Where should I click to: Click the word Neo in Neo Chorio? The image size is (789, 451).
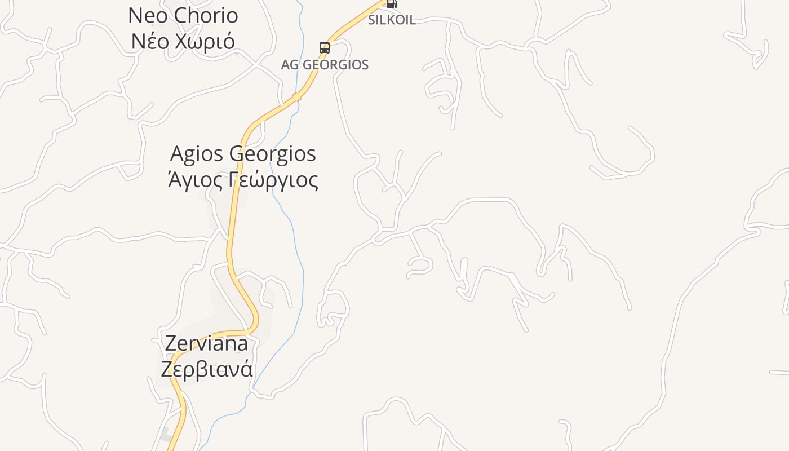point(147,16)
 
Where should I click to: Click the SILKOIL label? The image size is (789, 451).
point(392,20)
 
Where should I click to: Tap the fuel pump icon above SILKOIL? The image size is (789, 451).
point(392,3)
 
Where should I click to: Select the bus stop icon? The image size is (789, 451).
point(325,48)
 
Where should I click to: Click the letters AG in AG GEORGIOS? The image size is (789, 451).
point(290,65)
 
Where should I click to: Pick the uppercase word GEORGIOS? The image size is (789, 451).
point(336,65)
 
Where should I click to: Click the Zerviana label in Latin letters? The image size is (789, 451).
point(206,343)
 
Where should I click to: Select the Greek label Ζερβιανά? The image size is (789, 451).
point(207,369)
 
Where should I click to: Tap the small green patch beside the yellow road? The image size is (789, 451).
point(165,436)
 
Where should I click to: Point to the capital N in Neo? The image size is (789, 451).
point(135,16)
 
